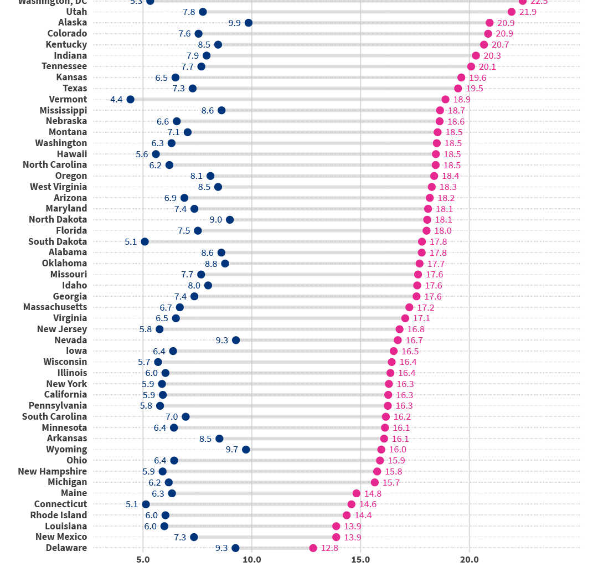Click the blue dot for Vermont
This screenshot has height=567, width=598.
(130, 100)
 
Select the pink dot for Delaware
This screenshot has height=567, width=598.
(313, 548)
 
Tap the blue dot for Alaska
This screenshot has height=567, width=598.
(249, 23)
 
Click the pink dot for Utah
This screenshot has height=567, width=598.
(512, 12)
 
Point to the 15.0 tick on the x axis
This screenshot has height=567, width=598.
(360, 559)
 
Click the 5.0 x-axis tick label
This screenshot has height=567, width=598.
(143, 559)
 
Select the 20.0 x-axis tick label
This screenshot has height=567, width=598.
(470, 559)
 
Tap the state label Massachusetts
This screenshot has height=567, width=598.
(55, 307)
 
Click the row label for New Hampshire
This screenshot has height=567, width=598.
(52, 471)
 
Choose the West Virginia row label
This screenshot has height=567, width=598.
(58, 187)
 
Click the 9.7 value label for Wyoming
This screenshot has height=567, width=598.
(232, 450)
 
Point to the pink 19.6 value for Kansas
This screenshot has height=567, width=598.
(477, 78)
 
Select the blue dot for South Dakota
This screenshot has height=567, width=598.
(145, 241)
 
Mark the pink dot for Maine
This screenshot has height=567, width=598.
(357, 493)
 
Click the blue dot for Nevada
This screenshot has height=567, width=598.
(236, 340)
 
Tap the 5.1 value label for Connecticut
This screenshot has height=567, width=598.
(132, 504)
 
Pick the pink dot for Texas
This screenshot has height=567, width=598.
(458, 89)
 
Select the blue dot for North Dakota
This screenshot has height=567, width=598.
(230, 220)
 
